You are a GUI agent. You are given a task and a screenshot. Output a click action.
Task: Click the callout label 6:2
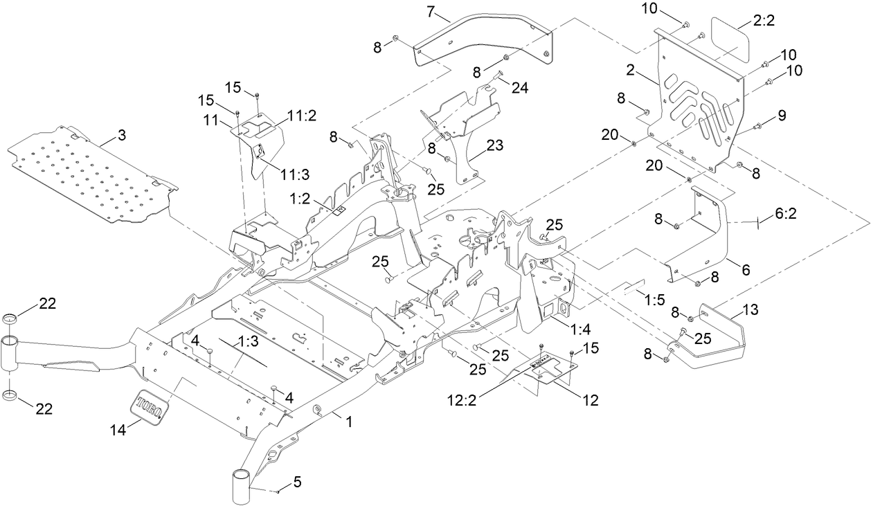[x=785, y=215]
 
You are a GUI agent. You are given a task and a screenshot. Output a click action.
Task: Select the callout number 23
[x=494, y=146]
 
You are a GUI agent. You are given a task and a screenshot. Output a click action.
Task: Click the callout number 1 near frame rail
[x=349, y=421]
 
